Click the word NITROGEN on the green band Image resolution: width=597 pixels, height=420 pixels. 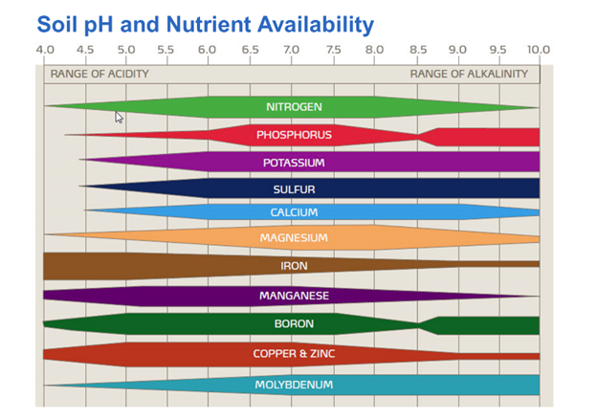point(294,107)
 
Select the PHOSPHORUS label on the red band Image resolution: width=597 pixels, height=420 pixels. point(294,135)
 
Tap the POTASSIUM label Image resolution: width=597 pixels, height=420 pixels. point(294,163)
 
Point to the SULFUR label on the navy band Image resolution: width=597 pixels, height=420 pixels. point(294,189)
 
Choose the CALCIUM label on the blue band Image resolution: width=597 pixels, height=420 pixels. point(294,212)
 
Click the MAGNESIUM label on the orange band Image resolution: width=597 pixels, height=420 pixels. point(294,237)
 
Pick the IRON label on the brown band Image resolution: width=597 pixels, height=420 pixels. point(294,266)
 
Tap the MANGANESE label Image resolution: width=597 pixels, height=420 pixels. point(294,296)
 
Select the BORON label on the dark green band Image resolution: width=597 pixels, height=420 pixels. point(294,324)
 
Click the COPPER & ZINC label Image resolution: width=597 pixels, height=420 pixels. point(294,354)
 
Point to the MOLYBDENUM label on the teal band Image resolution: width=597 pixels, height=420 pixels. point(294,385)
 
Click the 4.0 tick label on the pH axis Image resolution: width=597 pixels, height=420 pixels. point(45,50)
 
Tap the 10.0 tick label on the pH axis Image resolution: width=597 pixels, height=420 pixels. point(539,50)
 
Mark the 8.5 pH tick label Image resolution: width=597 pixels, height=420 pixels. point(418,50)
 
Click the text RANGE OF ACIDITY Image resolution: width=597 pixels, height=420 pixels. point(99,74)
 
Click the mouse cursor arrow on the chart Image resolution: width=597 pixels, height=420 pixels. point(119,116)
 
